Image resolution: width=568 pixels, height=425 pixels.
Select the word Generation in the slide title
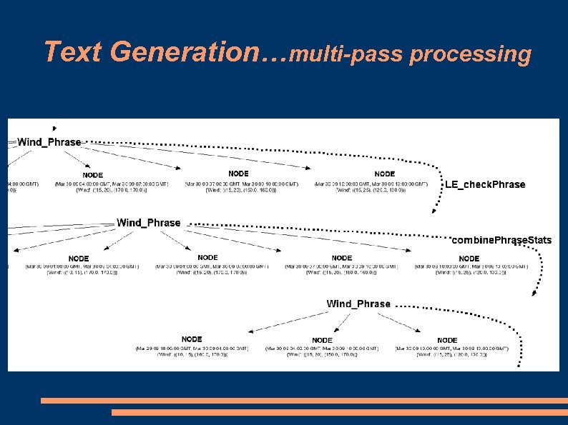(x=182, y=51)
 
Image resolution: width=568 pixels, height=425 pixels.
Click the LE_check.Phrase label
(x=485, y=184)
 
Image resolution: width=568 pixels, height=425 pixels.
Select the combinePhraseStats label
(x=501, y=239)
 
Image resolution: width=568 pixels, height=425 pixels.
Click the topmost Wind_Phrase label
(x=49, y=142)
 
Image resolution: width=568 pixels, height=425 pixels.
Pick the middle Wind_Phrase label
(x=149, y=223)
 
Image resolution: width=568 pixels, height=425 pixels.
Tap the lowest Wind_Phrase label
(x=358, y=304)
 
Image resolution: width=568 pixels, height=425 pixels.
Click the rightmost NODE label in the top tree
(x=384, y=174)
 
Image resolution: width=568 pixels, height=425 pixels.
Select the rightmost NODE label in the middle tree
(x=469, y=258)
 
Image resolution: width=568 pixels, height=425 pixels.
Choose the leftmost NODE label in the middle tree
(x=79, y=258)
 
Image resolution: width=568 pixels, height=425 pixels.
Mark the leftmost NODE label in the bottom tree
(x=192, y=339)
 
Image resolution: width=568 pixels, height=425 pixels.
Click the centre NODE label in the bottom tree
(x=322, y=340)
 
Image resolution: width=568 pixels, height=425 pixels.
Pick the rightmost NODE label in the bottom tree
(x=447, y=340)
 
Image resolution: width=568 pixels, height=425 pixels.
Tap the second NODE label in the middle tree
(x=207, y=257)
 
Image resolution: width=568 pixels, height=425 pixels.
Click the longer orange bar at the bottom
(x=304, y=401)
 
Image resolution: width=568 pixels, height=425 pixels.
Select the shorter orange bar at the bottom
(x=339, y=412)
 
